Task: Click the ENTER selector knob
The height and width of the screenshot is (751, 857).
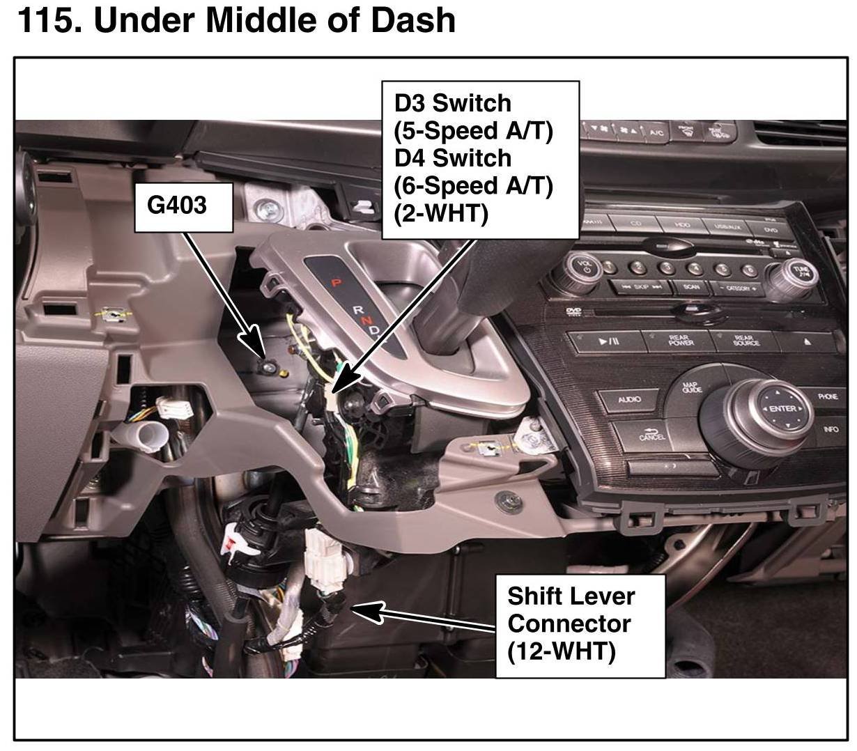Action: pos(781,409)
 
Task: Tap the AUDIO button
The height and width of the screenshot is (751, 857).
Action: pos(629,400)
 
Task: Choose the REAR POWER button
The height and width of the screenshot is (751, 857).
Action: pos(680,341)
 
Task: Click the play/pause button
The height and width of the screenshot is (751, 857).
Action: pos(608,341)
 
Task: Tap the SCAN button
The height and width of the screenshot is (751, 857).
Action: pos(692,287)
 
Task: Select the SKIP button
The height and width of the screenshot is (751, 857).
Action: pos(641,286)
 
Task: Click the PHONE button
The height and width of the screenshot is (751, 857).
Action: pos(828,396)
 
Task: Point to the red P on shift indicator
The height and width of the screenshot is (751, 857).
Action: pos(335,282)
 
